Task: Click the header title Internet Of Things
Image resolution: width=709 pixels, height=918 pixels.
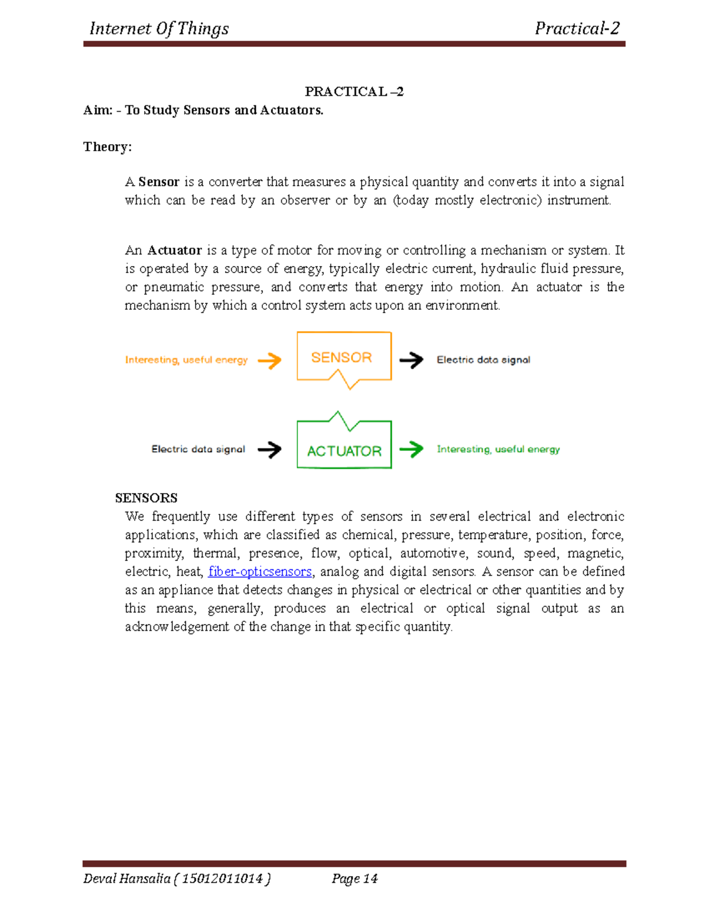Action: (159, 28)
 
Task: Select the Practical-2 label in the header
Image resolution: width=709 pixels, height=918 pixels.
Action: (577, 28)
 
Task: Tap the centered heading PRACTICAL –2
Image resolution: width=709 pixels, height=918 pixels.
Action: (354, 92)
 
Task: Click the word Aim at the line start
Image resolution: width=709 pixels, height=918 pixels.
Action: (97, 110)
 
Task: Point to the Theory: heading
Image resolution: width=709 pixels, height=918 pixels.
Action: (107, 147)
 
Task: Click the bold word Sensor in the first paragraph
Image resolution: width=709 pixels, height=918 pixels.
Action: (158, 182)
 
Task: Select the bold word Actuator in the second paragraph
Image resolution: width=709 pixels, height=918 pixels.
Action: (174, 251)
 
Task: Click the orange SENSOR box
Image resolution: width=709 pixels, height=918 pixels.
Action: (343, 356)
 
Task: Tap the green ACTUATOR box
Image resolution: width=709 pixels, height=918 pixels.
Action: (344, 449)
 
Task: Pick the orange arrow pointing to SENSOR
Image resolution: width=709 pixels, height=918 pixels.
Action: (270, 360)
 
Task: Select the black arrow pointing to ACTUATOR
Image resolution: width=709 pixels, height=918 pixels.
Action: (270, 449)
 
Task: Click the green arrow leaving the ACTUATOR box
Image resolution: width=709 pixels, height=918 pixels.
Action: (412, 449)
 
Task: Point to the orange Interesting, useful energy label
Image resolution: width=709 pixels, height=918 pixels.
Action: (186, 360)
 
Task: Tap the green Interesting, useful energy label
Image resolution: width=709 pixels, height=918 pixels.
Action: (498, 449)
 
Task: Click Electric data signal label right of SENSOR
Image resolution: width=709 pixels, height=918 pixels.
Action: (483, 359)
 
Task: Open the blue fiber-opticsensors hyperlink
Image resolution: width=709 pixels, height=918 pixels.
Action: (259, 572)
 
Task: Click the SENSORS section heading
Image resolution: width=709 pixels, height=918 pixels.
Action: (146, 498)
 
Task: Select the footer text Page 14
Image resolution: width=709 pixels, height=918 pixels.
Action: (354, 878)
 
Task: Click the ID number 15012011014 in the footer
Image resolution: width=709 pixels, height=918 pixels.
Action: (222, 878)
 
